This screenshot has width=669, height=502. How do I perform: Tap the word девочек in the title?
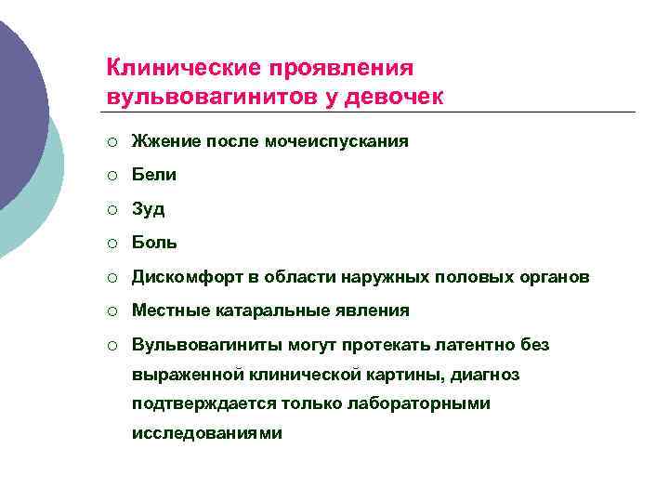[399, 96]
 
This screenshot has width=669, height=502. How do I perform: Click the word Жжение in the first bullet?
[164, 141]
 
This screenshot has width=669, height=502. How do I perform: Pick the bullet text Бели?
[154, 175]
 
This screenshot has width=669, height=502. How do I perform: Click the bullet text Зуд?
[149, 209]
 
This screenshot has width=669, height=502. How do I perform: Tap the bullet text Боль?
[154, 243]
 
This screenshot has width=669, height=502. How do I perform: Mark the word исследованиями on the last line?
[206, 433]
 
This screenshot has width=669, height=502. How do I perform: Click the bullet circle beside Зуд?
[112, 209]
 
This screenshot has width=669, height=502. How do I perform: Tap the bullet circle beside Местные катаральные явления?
[112, 310]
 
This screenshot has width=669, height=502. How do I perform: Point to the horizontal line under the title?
[371, 112]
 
